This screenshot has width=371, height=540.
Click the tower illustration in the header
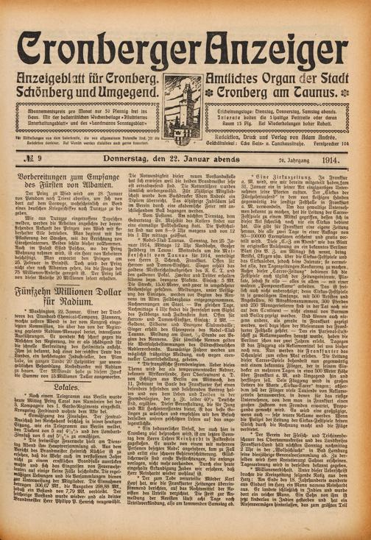coord(184,101)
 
